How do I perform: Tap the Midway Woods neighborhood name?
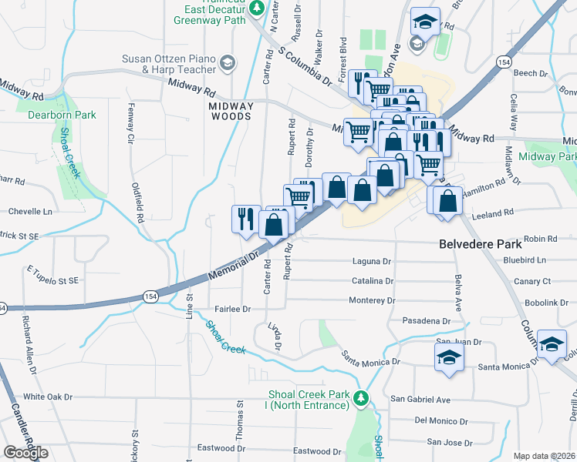coord(231,111)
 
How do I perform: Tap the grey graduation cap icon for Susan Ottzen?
coord(228,61)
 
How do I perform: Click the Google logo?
coord(25,452)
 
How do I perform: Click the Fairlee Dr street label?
coord(233,309)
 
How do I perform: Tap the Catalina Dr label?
coord(373,281)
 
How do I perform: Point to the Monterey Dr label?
coord(372,300)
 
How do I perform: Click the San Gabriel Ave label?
coord(420,399)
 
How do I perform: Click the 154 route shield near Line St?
coord(150,296)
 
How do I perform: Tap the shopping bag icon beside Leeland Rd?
coord(448,203)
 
